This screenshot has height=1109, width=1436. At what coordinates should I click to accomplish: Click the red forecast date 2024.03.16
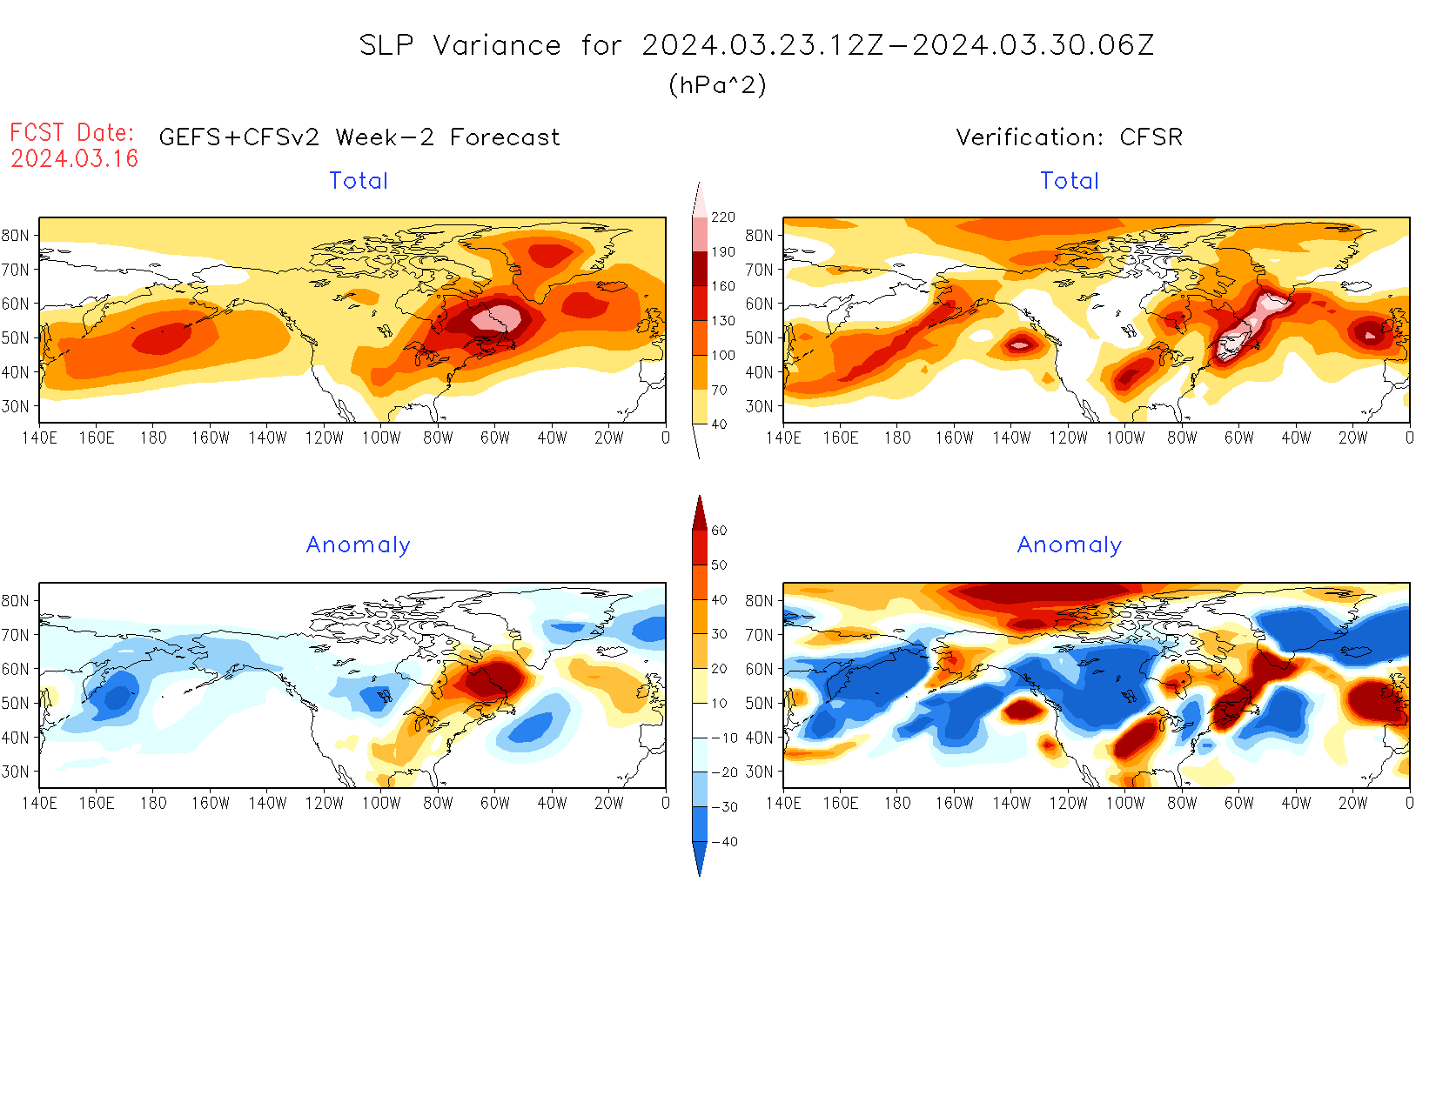point(74,158)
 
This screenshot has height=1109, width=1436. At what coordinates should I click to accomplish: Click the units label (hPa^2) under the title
point(717,84)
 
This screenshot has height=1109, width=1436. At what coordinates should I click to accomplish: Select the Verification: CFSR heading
point(1069,137)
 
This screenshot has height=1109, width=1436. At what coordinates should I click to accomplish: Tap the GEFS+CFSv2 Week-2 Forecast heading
point(359,137)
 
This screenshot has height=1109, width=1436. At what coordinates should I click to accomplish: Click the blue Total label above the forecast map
point(359,181)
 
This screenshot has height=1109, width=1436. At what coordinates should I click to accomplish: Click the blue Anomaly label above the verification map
point(1070,545)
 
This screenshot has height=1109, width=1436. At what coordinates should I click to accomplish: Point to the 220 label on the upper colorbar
point(723,217)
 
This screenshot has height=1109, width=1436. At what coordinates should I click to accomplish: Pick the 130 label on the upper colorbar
point(723,321)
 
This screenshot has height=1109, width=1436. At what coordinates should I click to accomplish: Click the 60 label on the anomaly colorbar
point(719,531)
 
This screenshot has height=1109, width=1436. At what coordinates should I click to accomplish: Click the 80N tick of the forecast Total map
point(15,236)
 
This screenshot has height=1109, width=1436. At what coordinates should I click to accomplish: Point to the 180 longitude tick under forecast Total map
point(153,438)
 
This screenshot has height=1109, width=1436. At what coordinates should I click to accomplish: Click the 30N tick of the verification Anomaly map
point(759,772)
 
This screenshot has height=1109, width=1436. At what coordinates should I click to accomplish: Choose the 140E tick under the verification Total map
point(783,438)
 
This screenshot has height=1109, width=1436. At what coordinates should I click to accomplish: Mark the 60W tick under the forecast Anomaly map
point(495,804)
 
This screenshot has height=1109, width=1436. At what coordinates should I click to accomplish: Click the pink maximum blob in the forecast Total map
point(497,319)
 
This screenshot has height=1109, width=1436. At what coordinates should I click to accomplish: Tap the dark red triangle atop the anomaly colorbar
point(700,513)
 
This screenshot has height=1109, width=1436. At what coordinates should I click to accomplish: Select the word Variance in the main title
point(497,45)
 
